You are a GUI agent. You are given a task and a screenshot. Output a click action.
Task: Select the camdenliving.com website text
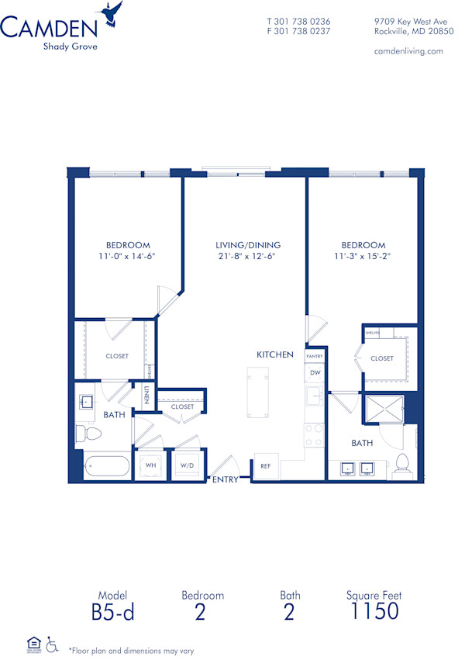[408, 51]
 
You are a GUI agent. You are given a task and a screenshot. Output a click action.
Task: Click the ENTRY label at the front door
[225, 479]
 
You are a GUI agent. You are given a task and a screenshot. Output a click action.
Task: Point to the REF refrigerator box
[265, 465]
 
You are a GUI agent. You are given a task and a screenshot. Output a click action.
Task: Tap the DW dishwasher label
[315, 372]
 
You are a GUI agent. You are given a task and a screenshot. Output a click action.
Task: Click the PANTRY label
[315, 356]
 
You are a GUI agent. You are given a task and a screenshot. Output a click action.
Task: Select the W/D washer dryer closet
[187, 465]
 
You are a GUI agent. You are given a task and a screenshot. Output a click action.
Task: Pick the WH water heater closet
[150, 465]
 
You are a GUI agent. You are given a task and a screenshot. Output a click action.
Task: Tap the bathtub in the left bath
[107, 467]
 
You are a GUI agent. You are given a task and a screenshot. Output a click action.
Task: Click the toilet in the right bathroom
[401, 463]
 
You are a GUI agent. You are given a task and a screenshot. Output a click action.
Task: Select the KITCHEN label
[275, 354]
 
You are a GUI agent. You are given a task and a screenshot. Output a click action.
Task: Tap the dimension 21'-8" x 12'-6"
[248, 256]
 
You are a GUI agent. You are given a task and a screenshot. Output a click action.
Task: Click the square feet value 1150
[374, 610]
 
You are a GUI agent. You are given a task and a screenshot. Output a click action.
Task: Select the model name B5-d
[112, 610]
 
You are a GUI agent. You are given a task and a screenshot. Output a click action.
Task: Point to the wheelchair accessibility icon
[53, 643]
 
